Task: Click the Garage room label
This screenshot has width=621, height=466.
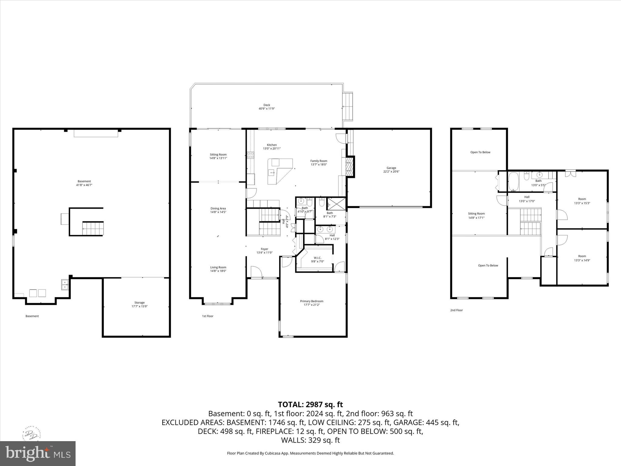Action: coord(391,168)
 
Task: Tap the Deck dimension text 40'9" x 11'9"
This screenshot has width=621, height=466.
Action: coord(267,109)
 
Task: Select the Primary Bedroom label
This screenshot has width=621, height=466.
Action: coord(312,301)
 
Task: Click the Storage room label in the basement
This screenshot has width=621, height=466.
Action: coord(139,302)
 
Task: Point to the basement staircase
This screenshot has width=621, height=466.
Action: coord(93,228)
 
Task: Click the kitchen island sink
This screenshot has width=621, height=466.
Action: coord(271,173)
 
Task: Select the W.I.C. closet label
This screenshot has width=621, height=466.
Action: coord(317,258)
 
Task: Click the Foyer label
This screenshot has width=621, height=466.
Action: coord(264,249)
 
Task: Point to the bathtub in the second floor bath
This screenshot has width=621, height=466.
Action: coord(514,181)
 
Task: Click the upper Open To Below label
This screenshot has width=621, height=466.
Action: coord(480,152)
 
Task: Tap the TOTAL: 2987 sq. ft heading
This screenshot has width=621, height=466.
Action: coord(310,404)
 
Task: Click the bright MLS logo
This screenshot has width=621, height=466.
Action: coord(38,453)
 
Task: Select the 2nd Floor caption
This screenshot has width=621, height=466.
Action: coord(456,310)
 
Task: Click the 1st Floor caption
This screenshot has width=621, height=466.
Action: coord(208,316)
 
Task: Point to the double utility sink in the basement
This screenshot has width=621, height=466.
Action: coord(65,285)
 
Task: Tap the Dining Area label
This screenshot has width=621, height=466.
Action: coord(218,208)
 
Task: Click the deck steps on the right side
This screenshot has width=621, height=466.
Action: coord(348,106)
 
